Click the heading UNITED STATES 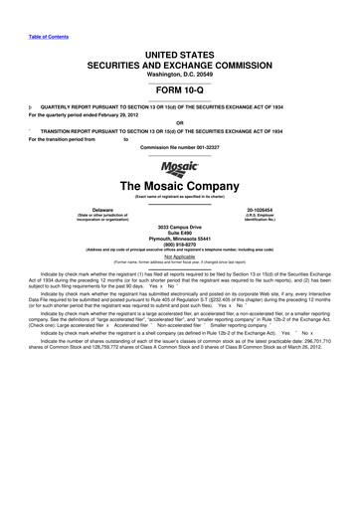pyautogui.click(x=180, y=50)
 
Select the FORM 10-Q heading pyautogui.click(x=180, y=85)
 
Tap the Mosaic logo pyautogui.click(x=180, y=172)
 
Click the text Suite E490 pyautogui.click(x=180, y=236)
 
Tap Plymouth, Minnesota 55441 pyautogui.click(x=180, y=242)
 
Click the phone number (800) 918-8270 pyautogui.click(x=180, y=248)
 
